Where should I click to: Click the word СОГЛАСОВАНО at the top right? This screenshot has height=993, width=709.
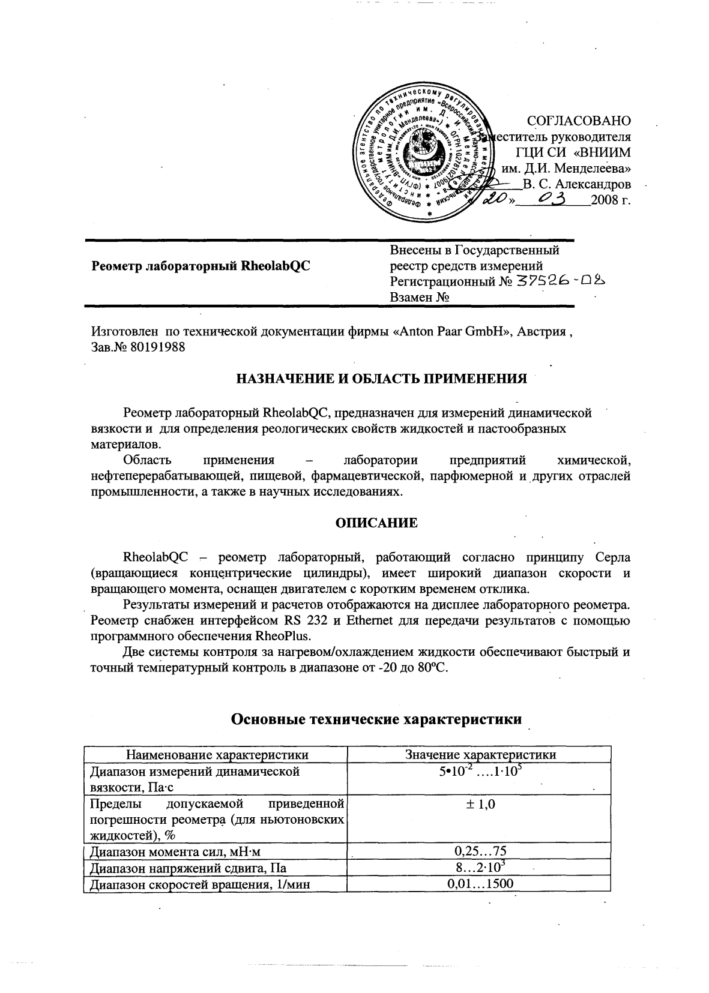pos(578,121)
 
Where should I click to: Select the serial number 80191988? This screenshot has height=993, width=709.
pos(157,347)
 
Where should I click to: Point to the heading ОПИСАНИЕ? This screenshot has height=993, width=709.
pos(376,523)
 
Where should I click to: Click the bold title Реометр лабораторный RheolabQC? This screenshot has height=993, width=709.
pos(201,266)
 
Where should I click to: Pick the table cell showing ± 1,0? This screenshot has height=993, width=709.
pos(480,805)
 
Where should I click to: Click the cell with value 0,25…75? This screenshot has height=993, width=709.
pos(480,851)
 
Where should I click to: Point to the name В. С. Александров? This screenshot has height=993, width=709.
pos(576,184)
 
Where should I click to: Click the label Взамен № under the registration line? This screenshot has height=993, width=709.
pos(420,298)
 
